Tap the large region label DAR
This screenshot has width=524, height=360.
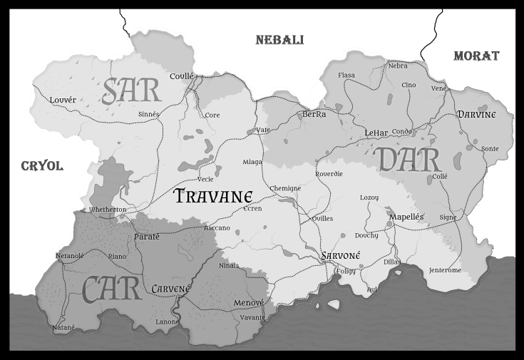405,160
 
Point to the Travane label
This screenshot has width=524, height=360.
214,195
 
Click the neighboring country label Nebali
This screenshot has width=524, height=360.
279,41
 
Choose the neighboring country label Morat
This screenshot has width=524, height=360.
476,56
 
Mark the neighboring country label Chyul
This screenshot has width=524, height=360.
42,166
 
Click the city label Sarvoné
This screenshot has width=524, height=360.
341,256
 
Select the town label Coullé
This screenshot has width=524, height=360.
182,76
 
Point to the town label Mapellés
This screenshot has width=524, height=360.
406,217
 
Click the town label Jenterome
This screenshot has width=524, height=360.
445,270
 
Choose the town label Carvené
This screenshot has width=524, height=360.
171,289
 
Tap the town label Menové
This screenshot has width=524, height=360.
249,303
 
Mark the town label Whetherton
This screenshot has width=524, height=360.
108,210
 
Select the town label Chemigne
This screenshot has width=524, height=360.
286,188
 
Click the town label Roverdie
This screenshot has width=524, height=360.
329,173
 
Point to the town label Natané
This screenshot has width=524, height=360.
63,327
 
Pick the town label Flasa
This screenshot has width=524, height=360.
346,76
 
